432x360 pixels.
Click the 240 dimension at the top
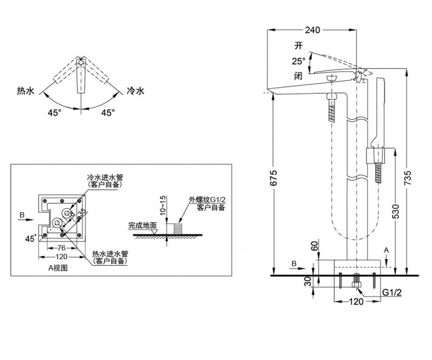[312, 31]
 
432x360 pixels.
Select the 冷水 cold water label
[135, 90]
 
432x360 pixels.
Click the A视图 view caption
[58, 267]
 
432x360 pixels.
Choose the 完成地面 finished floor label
[143, 225]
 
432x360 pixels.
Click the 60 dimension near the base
[315, 248]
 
